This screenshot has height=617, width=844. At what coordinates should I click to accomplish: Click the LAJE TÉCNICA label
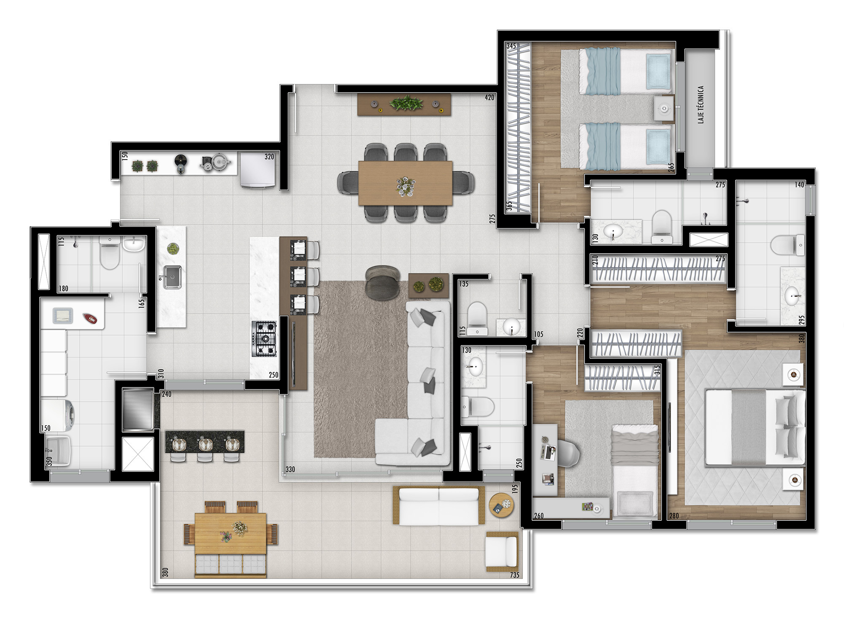pos(701,104)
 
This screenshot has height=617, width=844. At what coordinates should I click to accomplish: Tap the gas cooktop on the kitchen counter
pos(264,338)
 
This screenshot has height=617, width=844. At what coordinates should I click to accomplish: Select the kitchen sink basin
pos(173,277)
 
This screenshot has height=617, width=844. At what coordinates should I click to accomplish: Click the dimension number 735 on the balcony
pos(514,575)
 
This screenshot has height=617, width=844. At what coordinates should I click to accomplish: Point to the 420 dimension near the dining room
pos(489,97)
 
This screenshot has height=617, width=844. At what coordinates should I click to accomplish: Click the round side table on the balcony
pos(501,505)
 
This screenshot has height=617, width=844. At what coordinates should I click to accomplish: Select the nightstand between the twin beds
pos(664,109)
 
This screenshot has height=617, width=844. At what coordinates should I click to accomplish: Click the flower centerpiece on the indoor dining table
pos(406,186)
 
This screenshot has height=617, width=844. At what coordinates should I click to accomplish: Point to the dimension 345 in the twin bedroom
pos(511,46)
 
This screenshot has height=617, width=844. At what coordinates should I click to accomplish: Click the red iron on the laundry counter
pos(89,318)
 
